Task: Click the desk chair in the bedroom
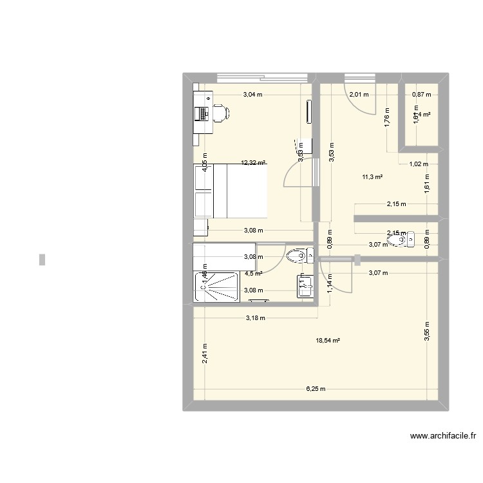pyautogui.click(x=220, y=113)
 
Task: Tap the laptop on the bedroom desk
pyautogui.click(x=202, y=113)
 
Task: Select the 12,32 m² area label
pyautogui.click(x=254, y=163)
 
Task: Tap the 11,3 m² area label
pyautogui.click(x=373, y=176)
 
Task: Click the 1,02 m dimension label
pyautogui.click(x=419, y=164)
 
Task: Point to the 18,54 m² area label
pyautogui.click(x=328, y=341)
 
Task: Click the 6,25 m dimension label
pyautogui.click(x=316, y=389)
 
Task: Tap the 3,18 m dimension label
pyautogui.click(x=255, y=317)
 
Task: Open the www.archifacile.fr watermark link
pyautogui.click(x=443, y=437)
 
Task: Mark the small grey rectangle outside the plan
pyautogui.click(x=43, y=260)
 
